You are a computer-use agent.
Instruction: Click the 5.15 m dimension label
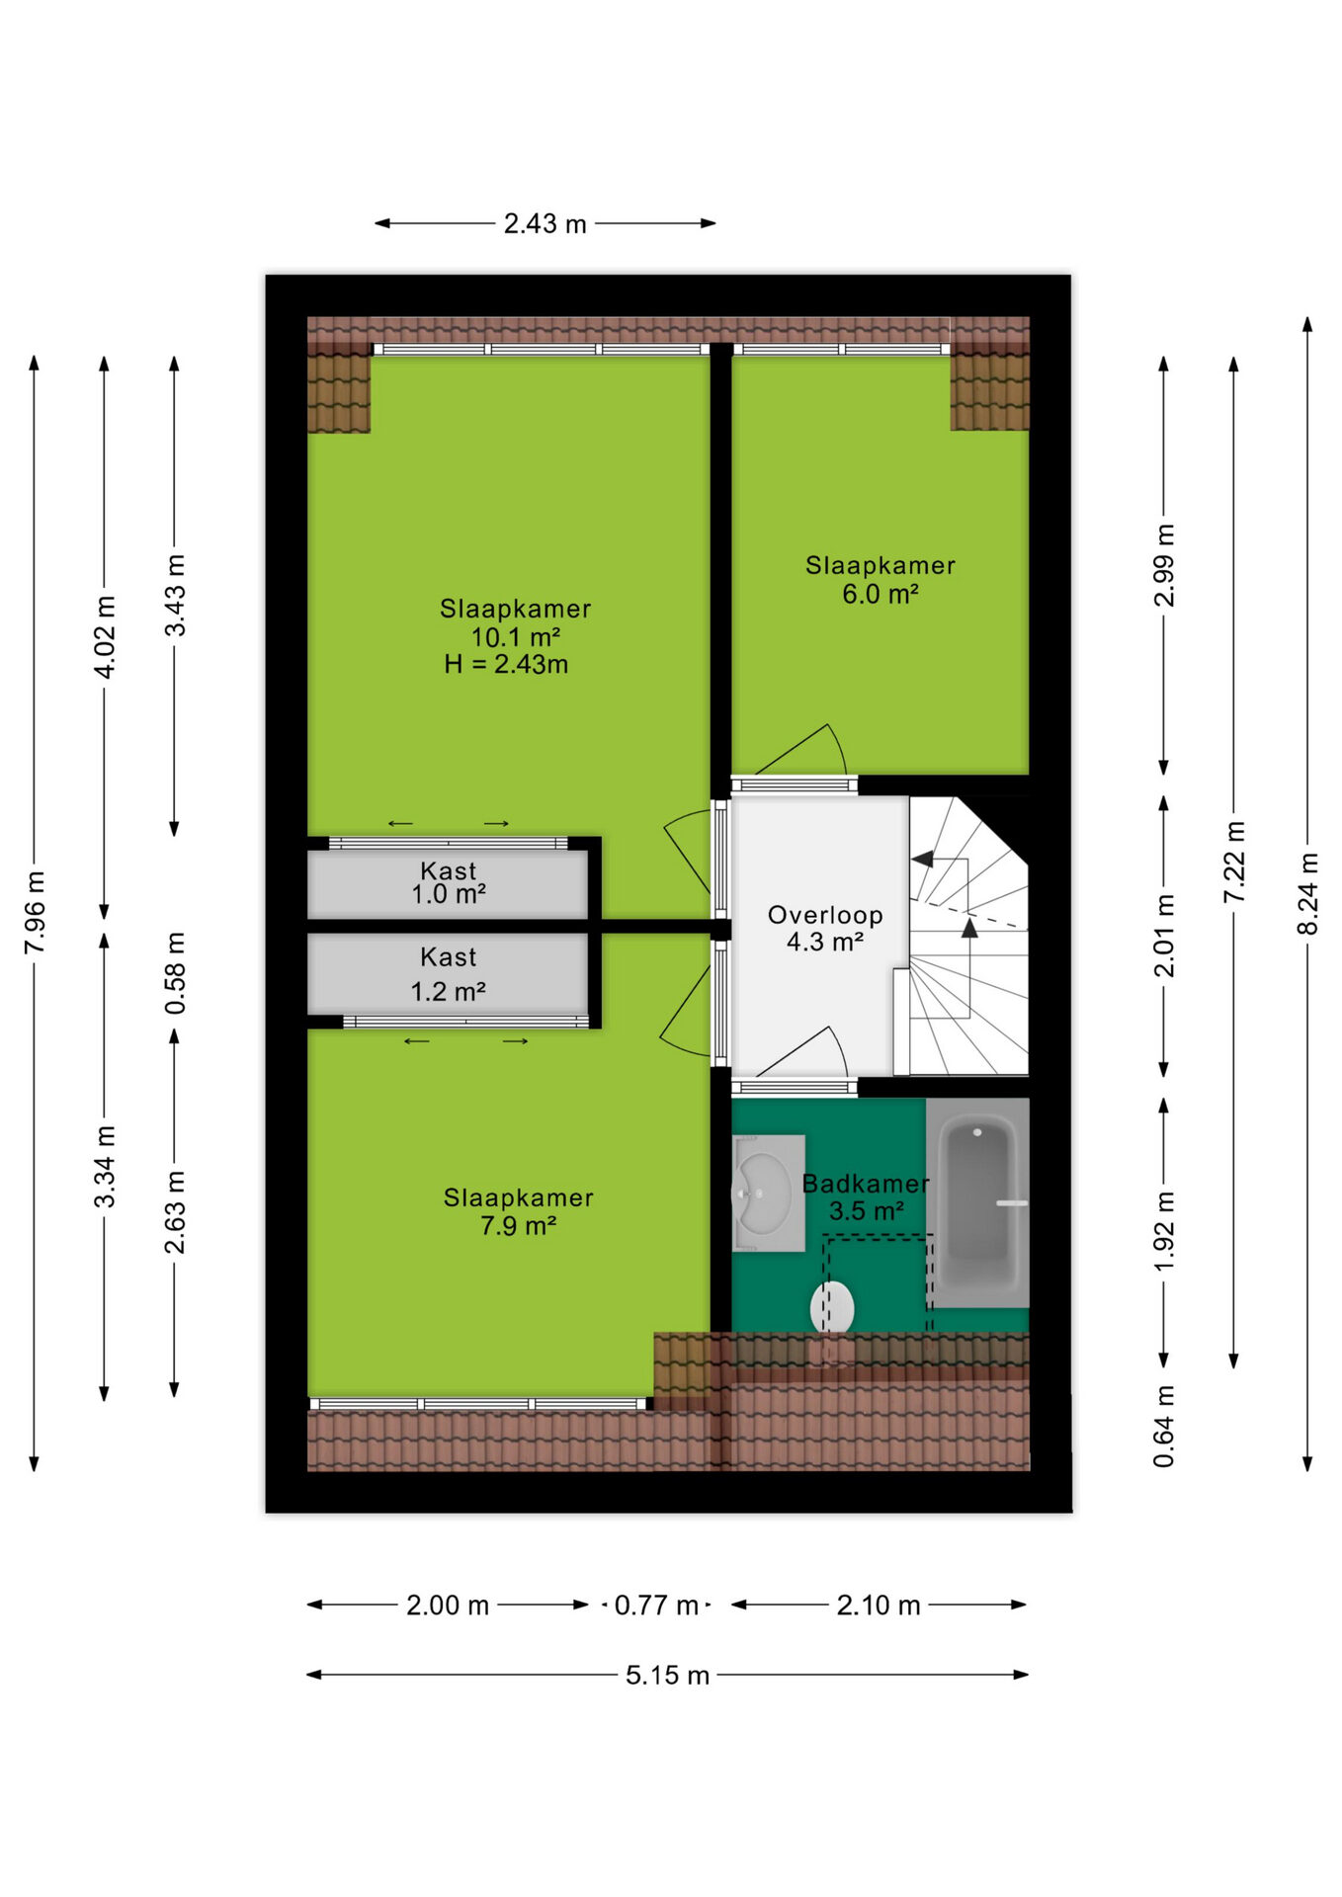tap(667, 1675)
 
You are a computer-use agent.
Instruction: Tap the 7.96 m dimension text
tap(35, 913)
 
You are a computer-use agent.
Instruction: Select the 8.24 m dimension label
tap(1307, 893)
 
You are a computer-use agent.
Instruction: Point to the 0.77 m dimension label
tap(656, 1605)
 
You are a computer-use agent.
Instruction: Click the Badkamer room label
tap(866, 1184)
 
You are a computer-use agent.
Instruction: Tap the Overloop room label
tap(825, 915)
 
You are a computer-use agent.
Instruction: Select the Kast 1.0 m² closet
tap(449, 883)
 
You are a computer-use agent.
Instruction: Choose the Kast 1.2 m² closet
tap(449, 974)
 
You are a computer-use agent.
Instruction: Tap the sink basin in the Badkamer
tap(769, 1194)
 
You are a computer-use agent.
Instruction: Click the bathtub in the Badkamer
tap(977, 1202)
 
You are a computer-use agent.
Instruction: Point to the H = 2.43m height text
tap(506, 664)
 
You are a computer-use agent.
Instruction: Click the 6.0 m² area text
tap(881, 594)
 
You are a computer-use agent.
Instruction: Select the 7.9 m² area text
tap(519, 1226)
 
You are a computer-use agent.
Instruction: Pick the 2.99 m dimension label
tap(1164, 565)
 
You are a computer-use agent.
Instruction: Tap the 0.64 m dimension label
tap(1164, 1426)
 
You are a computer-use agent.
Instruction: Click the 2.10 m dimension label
tap(879, 1605)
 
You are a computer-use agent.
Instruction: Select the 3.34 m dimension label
tap(105, 1166)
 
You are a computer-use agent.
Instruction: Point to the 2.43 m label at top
tap(545, 223)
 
